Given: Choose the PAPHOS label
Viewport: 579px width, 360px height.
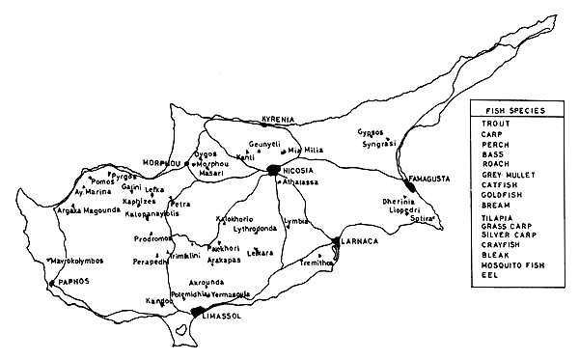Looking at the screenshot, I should click(70, 283).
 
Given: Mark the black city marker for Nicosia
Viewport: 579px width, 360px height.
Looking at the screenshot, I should click(275, 170).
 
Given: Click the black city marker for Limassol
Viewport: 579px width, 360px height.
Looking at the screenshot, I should click(200, 310).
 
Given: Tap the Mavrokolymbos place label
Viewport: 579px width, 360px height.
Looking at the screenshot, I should click(76, 261).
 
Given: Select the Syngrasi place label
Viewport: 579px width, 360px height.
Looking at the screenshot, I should click(379, 143).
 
